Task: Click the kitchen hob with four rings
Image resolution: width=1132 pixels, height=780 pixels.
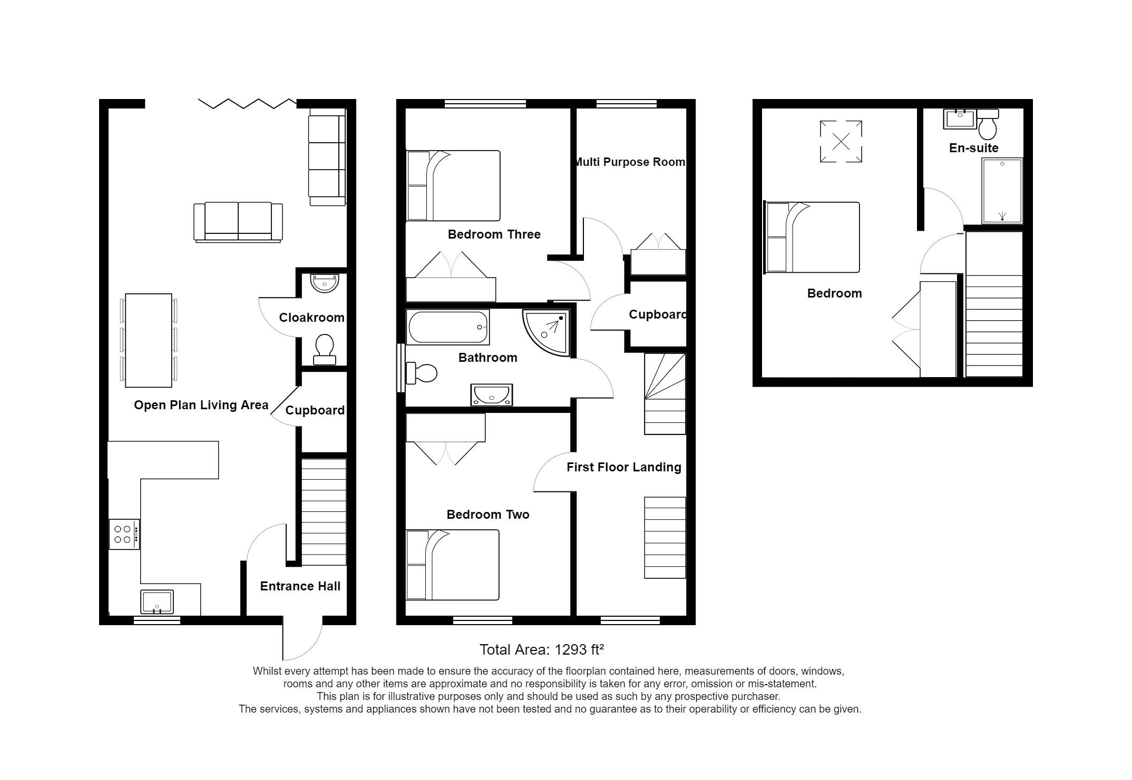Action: pyautogui.click(x=124, y=534)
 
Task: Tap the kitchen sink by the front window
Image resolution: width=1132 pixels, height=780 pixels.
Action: pyautogui.click(x=157, y=601)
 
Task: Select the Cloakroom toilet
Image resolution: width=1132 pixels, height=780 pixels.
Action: pyautogui.click(x=324, y=350)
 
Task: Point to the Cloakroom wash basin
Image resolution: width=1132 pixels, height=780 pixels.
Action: pyautogui.click(x=324, y=283)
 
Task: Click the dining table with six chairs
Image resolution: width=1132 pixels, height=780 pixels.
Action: pyautogui.click(x=149, y=340)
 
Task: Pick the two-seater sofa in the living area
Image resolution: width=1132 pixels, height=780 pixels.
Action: pyautogui.click(x=238, y=222)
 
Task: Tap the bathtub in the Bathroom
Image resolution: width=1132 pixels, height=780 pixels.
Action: pyautogui.click(x=447, y=327)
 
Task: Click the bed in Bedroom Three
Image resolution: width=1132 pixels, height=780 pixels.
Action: pyautogui.click(x=453, y=185)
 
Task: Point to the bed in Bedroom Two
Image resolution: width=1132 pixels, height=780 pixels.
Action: pyautogui.click(x=453, y=565)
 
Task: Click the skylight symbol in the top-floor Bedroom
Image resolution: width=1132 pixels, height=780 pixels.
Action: pyautogui.click(x=841, y=141)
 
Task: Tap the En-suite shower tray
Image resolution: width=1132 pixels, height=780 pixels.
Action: pyautogui.click(x=1002, y=191)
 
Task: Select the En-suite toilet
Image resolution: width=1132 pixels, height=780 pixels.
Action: pyautogui.click(x=987, y=124)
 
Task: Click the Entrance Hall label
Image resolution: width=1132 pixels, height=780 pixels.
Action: pyautogui.click(x=300, y=586)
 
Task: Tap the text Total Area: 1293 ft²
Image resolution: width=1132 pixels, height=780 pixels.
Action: pyautogui.click(x=541, y=650)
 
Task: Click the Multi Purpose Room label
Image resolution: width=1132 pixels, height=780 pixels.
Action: pyautogui.click(x=630, y=162)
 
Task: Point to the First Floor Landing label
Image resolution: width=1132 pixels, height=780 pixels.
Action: pyautogui.click(x=623, y=467)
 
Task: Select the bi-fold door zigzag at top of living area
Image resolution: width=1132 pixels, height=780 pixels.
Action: pyautogui.click(x=247, y=103)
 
